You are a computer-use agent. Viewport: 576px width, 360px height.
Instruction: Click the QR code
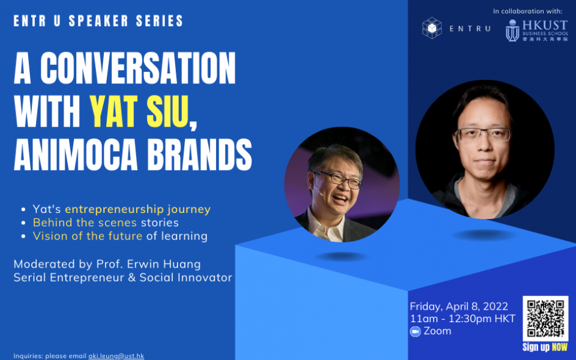tap(545, 319)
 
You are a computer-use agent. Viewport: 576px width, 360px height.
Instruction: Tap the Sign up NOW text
tap(545, 347)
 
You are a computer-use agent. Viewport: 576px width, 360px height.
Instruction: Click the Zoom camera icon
tap(415, 331)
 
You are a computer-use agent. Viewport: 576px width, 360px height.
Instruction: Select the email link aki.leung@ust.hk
tap(116, 356)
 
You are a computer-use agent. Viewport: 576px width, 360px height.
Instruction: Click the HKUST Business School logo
tap(536, 30)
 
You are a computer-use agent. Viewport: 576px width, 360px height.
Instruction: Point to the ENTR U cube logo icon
tap(432, 28)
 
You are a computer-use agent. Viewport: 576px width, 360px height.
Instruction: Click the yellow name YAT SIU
tap(140, 112)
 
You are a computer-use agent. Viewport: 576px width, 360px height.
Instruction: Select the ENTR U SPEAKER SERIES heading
tap(98, 21)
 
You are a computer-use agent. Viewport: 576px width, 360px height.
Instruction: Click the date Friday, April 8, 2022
tap(459, 307)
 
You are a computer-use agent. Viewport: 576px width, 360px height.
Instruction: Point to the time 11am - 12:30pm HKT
tap(463, 319)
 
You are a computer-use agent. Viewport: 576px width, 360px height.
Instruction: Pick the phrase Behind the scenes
tap(85, 223)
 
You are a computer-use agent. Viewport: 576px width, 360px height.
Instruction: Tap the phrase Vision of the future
tap(88, 236)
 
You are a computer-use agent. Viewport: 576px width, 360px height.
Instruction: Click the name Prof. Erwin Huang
tap(148, 264)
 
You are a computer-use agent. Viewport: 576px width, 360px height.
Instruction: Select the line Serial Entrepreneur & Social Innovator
tap(122, 277)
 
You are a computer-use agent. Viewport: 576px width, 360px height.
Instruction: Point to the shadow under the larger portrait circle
tap(484, 235)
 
